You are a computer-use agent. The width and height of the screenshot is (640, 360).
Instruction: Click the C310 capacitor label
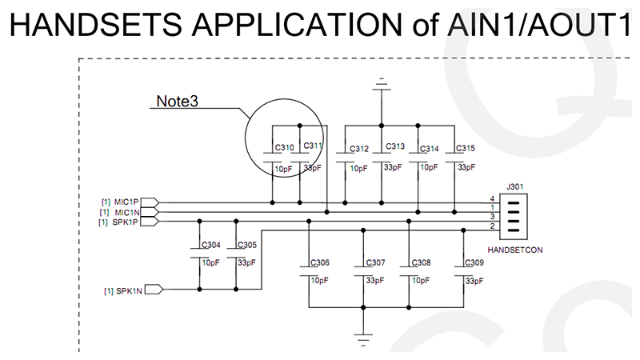coord(284,148)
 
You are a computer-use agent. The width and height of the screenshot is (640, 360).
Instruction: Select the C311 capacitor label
coord(314,146)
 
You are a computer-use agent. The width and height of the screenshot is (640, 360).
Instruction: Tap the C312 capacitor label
coord(359,149)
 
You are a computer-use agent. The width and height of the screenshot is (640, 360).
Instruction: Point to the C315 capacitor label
coord(465,149)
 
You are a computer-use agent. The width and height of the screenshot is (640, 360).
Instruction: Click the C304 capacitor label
coord(211,246)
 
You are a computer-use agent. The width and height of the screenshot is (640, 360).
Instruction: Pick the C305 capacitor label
coord(247,246)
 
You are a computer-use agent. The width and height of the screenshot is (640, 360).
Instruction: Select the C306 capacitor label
coord(320,263)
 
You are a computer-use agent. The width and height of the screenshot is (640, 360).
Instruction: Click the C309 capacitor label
coord(474,263)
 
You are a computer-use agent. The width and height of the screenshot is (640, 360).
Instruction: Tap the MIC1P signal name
coord(126,201)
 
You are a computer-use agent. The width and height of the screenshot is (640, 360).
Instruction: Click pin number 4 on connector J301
coord(493,198)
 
